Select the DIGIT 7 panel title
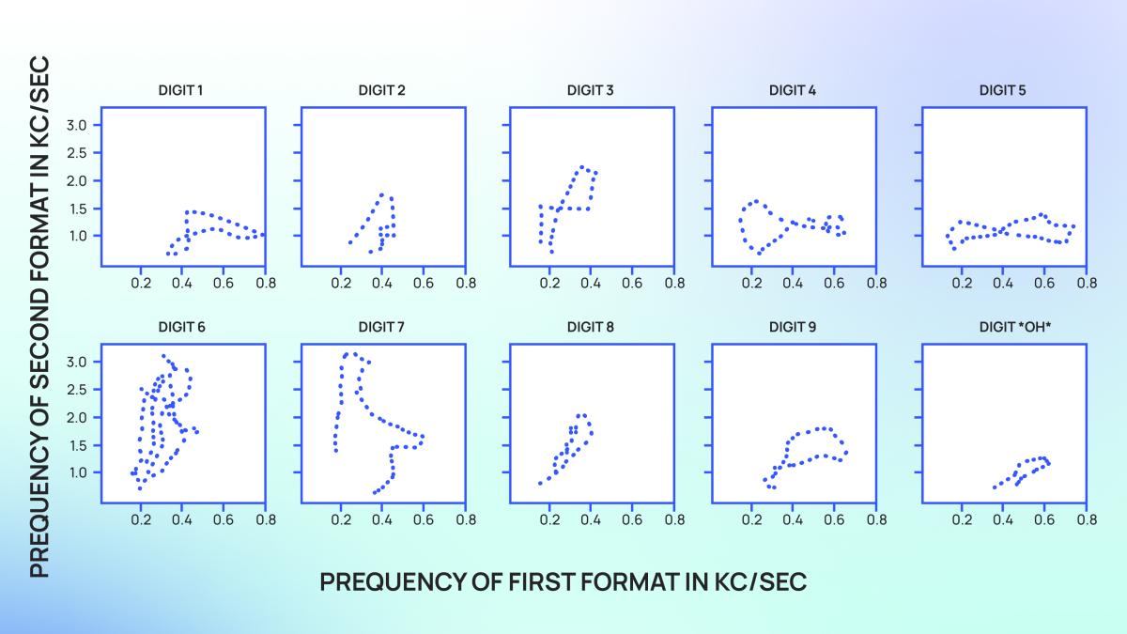coord(381,328)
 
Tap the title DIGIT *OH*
coord(1003,328)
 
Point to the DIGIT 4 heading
coord(793,91)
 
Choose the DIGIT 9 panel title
coord(793,328)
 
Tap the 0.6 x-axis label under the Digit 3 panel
coord(631,282)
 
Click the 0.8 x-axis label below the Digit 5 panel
coord(1086,282)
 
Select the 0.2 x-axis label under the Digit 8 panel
coord(549,518)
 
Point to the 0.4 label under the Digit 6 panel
coord(182,518)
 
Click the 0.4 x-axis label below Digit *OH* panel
coord(1003,518)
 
